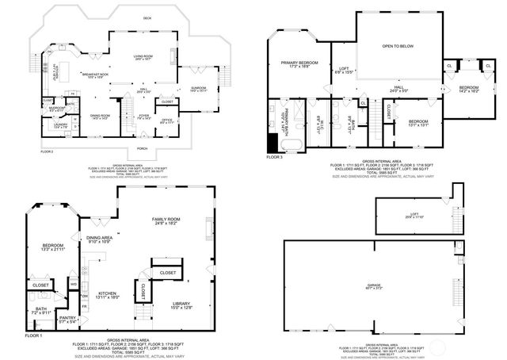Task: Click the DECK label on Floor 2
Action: coord(124,17)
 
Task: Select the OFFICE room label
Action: coord(166,120)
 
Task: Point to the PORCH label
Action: coord(142,147)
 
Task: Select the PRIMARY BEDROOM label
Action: coord(299,63)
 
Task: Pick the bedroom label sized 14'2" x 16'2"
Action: coord(469,88)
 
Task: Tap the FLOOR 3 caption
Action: coord(274,158)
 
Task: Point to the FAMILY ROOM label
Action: coord(167,221)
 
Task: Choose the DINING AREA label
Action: coord(99,239)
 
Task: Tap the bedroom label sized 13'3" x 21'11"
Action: coord(52,247)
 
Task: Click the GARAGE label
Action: coord(373,285)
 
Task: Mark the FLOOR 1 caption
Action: coord(34,336)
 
